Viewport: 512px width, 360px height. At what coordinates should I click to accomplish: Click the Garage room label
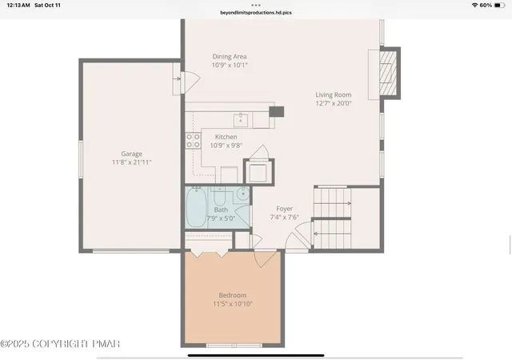click(x=131, y=154)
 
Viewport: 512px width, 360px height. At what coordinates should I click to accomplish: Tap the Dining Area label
click(x=230, y=57)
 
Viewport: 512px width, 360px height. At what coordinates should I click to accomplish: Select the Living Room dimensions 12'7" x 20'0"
click(x=334, y=103)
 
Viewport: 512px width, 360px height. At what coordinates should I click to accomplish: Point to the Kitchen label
click(x=226, y=137)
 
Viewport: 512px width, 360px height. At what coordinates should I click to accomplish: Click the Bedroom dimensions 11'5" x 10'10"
click(x=233, y=304)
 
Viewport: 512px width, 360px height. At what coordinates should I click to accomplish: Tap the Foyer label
click(x=285, y=209)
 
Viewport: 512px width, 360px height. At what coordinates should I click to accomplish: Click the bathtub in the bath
click(x=196, y=206)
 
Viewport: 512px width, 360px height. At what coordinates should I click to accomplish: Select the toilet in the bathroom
click(x=220, y=195)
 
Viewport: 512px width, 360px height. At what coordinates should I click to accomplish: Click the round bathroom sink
click(x=243, y=194)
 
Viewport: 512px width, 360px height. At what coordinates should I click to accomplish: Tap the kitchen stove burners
click(x=193, y=141)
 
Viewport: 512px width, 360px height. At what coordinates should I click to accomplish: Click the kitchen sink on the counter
click(x=241, y=120)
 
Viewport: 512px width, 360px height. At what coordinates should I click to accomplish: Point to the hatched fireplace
click(x=388, y=73)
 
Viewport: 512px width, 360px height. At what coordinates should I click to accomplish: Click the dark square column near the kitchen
click(x=276, y=112)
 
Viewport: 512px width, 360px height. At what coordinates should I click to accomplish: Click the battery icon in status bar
click(x=499, y=6)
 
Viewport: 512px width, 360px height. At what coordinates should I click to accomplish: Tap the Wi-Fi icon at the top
click(x=474, y=6)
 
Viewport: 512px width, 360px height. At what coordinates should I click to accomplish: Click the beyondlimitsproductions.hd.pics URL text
click(x=256, y=13)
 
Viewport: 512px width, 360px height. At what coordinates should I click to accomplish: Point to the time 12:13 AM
click(x=18, y=6)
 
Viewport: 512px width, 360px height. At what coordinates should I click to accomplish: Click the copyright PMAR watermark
click(x=60, y=344)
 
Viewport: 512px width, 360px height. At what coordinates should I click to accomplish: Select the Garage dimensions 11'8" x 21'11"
click(x=131, y=162)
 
